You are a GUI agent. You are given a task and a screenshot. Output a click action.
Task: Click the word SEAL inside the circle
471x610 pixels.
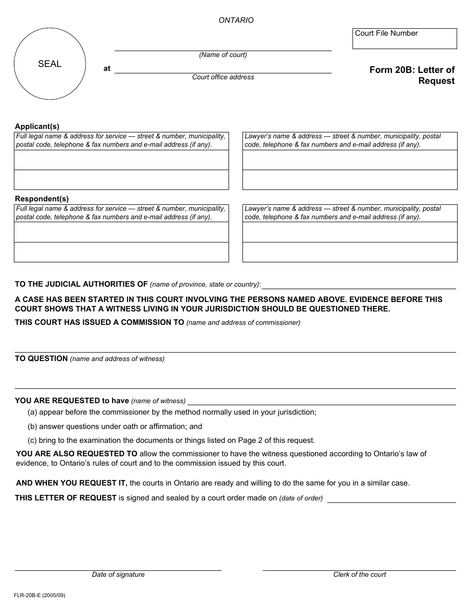tap(50, 64)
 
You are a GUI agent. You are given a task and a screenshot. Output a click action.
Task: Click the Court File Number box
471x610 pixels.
tap(404, 39)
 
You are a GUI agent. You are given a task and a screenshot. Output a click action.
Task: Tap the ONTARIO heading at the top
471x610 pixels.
tap(236, 20)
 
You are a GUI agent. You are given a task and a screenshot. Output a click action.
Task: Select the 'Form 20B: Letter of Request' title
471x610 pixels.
tap(412, 75)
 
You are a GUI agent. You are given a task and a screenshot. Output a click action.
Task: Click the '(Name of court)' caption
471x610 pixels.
tap(223, 55)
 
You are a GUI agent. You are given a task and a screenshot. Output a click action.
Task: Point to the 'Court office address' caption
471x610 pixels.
tap(223, 77)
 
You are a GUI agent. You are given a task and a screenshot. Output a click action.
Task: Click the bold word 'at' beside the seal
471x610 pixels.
tap(107, 69)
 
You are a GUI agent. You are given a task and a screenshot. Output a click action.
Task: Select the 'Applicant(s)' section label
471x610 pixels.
tap(37, 126)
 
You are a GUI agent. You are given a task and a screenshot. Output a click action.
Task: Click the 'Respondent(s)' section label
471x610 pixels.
tap(42, 199)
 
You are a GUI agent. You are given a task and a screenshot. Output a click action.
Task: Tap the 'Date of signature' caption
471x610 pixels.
tap(118, 575)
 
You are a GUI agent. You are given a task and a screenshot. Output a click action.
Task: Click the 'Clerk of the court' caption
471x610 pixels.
tap(359, 575)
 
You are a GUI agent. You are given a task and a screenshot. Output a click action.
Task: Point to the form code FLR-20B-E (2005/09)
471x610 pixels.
tap(40, 595)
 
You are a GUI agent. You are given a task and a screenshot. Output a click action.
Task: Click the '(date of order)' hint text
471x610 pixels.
tap(301, 498)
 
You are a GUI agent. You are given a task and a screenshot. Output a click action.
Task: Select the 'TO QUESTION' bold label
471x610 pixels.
tap(41, 359)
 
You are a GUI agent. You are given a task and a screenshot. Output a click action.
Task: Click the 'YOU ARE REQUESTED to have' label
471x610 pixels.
tap(72, 401)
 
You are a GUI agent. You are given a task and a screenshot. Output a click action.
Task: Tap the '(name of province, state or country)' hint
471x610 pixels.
tap(205, 285)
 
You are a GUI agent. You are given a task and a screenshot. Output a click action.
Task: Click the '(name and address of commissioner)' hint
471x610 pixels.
tap(243, 323)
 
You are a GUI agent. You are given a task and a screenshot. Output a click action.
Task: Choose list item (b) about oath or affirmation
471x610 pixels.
tap(115, 427)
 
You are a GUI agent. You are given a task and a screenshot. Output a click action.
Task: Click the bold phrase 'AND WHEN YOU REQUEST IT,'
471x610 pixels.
tap(71, 483)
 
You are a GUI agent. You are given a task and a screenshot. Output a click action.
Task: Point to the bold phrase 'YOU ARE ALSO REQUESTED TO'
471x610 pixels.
tap(76, 454)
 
